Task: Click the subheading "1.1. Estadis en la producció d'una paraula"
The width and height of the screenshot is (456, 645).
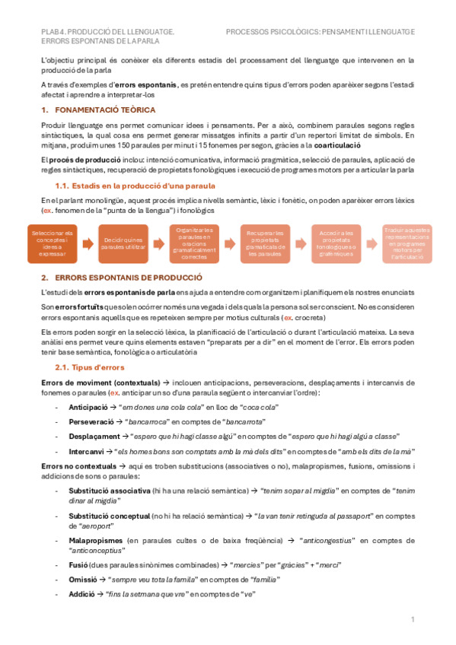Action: (136, 186)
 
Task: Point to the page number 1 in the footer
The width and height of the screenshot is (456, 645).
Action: (412, 621)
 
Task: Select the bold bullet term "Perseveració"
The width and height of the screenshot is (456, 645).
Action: (91, 422)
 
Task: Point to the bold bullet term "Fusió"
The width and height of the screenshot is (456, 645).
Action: (79, 564)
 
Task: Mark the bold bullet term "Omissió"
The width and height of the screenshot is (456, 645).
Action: (84, 579)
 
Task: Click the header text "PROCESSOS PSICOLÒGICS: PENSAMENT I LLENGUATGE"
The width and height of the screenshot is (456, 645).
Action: (320, 32)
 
